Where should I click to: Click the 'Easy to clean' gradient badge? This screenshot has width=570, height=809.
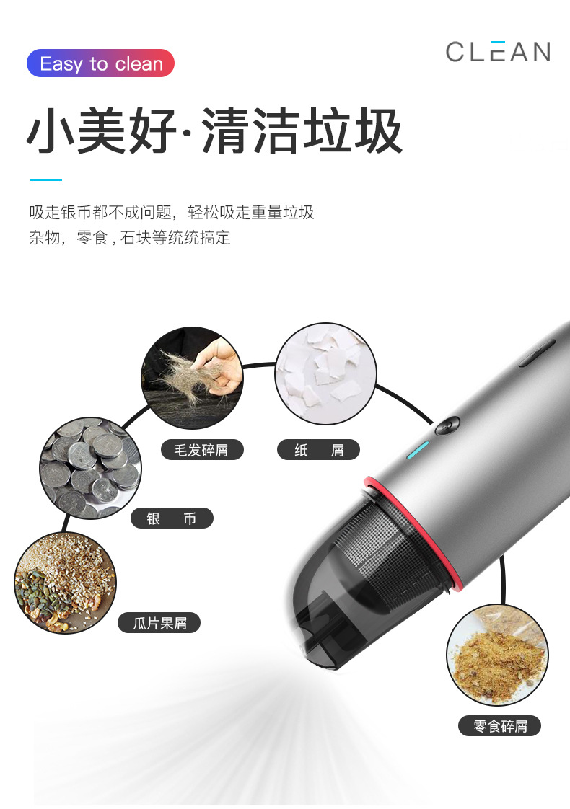click(x=101, y=63)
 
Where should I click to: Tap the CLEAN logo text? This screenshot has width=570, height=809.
click(x=498, y=52)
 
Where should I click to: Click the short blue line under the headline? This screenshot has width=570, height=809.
click(x=45, y=180)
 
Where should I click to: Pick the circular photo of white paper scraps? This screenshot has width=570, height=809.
click(x=325, y=373)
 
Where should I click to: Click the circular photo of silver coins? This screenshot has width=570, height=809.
click(x=89, y=468)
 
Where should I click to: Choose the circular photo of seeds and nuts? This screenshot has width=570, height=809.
click(x=65, y=583)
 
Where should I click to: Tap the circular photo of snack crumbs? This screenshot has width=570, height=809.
click(x=497, y=655)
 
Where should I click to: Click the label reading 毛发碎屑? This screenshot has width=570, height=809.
click(x=202, y=451)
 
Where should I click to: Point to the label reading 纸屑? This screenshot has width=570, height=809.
click(x=318, y=451)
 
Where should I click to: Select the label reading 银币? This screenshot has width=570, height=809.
click(x=172, y=518)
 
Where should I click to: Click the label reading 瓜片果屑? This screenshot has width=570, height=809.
click(x=159, y=622)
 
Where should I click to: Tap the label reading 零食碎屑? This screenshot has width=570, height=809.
click(x=499, y=725)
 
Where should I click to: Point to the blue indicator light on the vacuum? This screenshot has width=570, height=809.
click(x=418, y=449)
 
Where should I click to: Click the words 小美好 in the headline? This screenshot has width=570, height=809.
click(x=101, y=131)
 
